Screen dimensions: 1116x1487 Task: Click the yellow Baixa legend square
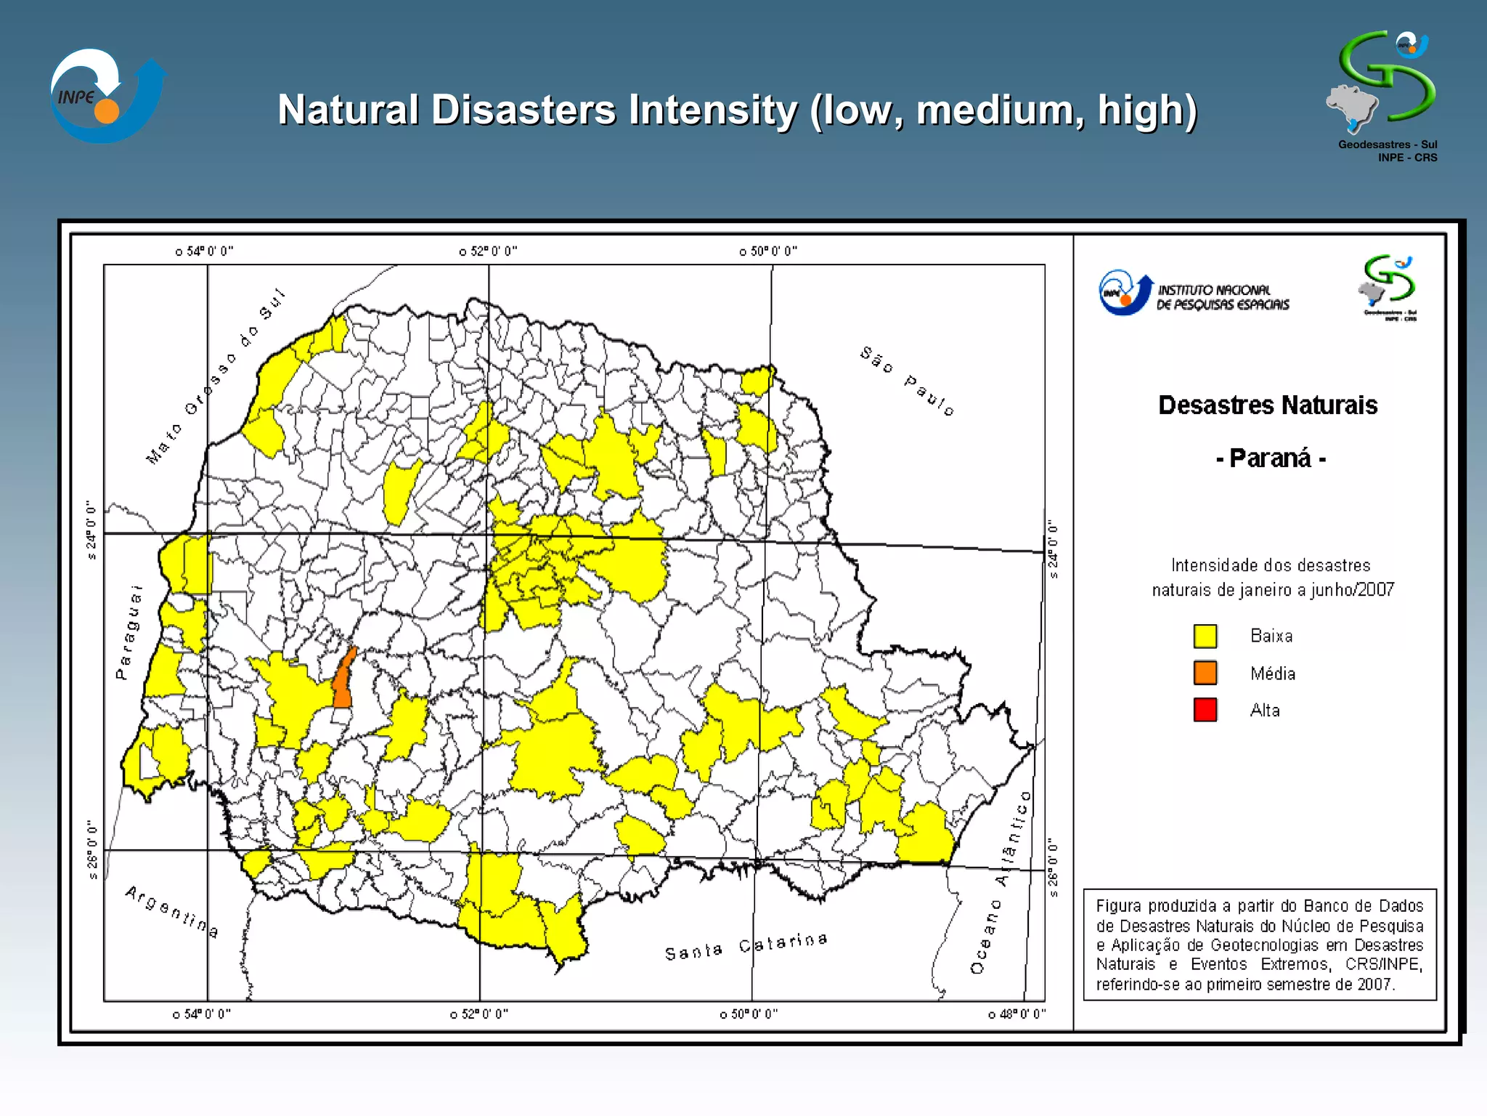(1205, 636)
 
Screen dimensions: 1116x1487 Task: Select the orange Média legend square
(1205, 673)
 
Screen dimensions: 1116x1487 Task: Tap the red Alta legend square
(1205, 710)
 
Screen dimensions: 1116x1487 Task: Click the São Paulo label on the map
(907, 381)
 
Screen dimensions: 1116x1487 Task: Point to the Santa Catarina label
(746, 947)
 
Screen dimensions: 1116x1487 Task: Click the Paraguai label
(129, 632)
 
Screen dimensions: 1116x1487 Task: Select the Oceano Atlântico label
(1001, 883)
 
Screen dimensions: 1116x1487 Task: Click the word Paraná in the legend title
(1270, 458)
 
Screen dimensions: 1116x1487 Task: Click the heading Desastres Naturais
(1267, 405)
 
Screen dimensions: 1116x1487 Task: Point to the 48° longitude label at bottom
(1017, 1014)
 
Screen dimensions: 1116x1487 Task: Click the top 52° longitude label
(489, 251)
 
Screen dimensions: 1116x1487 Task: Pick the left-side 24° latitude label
(91, 530)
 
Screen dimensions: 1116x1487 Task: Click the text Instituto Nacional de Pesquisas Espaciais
(1223, 297)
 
